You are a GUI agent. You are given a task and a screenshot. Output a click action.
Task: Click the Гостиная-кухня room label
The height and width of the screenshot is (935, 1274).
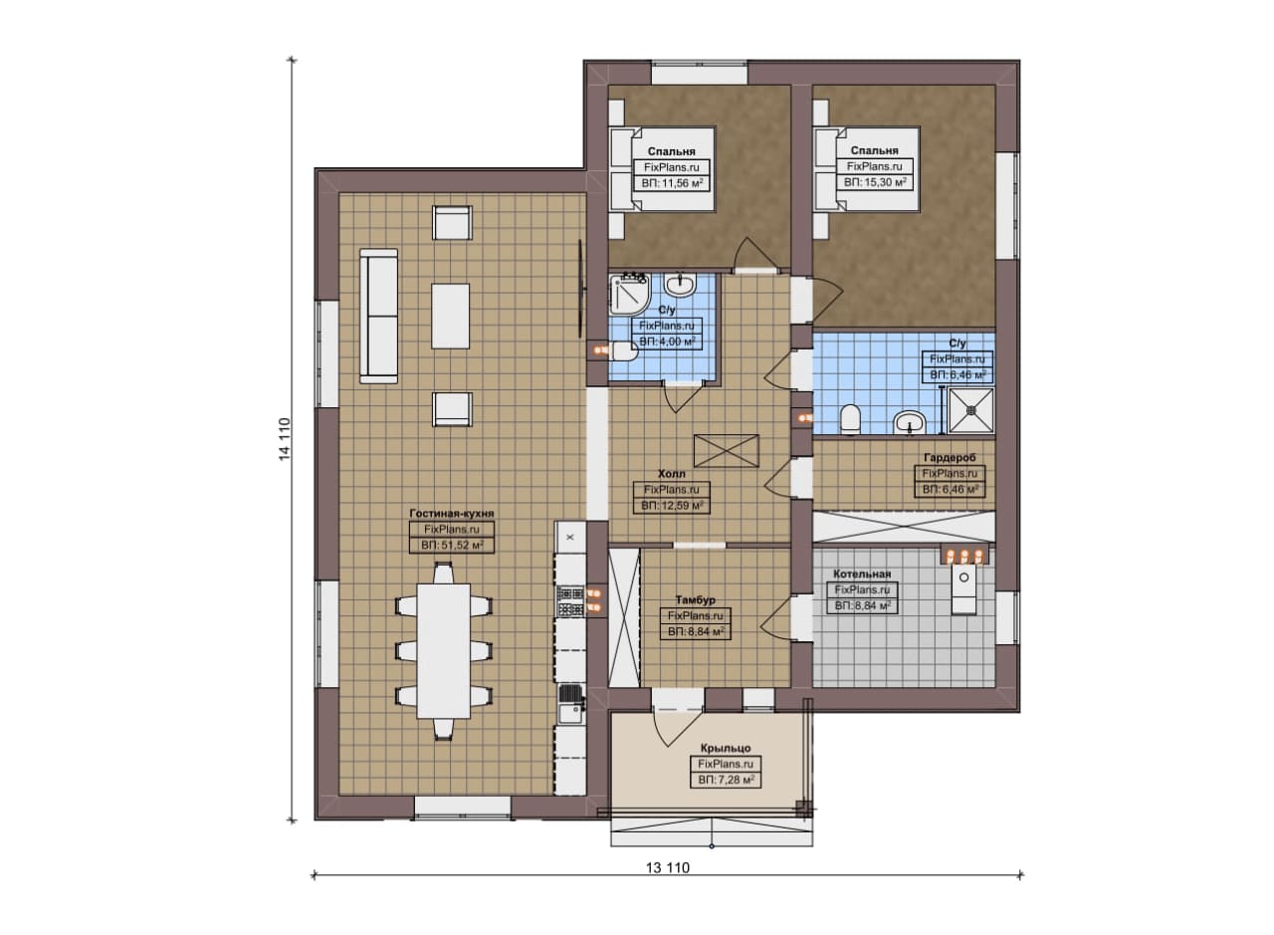click(452, 513)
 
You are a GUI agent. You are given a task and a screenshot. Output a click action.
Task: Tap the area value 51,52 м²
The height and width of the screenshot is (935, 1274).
click(452, 545)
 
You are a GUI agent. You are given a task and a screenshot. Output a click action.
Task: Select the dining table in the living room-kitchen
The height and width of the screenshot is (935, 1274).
click(444, 651)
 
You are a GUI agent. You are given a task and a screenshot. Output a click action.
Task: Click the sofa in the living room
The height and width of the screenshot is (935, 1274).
click(378, 316)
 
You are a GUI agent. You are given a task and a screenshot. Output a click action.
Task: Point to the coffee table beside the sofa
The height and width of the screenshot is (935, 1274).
click(451, 317)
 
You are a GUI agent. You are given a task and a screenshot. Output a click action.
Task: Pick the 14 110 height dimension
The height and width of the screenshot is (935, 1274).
click(285, 439)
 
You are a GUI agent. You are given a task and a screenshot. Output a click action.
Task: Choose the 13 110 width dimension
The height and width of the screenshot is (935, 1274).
click(667, 868)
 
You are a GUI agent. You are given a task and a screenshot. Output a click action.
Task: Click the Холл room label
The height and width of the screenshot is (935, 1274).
click(671, 474)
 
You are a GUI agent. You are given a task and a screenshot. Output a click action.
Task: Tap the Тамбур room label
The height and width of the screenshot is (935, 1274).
click(695, 599)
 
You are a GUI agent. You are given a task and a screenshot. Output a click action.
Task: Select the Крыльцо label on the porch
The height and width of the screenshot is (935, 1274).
click(726, 749)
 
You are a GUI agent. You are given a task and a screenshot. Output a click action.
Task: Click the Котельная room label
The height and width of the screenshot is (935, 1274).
click(862, 575)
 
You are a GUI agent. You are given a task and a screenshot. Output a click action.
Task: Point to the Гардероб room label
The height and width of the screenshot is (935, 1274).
click(950, 457)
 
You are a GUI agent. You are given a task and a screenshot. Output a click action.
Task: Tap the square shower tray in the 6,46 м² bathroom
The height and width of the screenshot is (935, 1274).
click(970, 410)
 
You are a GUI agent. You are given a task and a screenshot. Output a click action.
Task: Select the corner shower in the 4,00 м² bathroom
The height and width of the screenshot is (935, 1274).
click(629, 296)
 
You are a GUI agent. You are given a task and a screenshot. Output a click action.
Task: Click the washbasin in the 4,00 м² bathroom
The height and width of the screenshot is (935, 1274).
click(680, 285)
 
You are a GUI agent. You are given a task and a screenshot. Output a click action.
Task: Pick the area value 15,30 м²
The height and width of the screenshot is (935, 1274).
click(875, 182)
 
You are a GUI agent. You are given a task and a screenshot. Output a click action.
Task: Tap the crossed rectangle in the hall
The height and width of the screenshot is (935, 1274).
click(727, 451)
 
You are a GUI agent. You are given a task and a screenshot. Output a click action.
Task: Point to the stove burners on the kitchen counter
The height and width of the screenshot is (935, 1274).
click(570, 602)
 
